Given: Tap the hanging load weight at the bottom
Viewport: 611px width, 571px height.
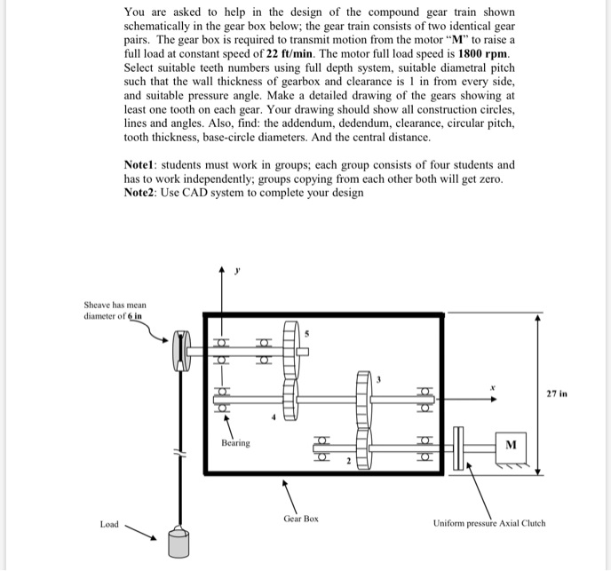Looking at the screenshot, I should click(x=179, y=543).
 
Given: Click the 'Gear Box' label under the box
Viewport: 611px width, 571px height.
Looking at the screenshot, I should click(x=301, y=519).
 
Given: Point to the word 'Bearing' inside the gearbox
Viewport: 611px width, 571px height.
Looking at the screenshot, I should click(x=236, y=442).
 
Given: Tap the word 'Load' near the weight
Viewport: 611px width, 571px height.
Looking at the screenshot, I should click(x=109, y=524).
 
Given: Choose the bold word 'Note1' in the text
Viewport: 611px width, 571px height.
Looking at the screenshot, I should click(x=144, y=165).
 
